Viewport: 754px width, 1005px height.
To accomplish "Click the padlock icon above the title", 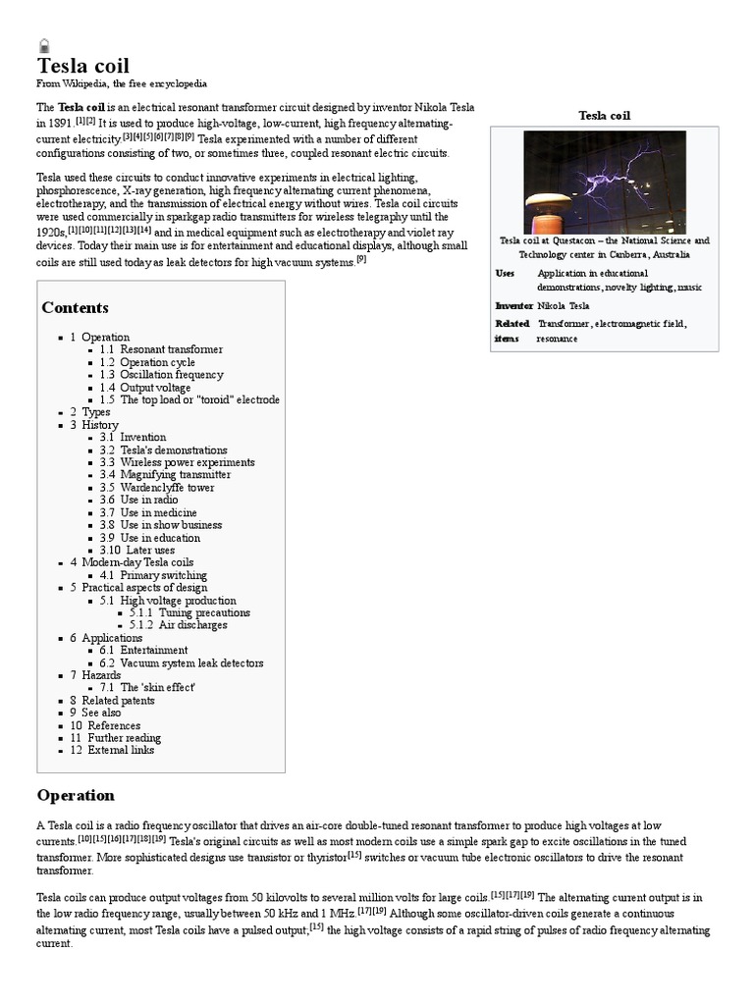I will pyautogui.click(x=44, y=45).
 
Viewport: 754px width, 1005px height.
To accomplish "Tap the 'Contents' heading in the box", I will pyautogui.click(x=75, y=307).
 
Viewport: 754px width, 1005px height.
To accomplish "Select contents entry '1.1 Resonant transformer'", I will pyautogui.click(x=161, y=349).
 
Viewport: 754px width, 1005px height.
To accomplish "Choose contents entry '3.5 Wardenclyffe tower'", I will pyautogui.click(x=156, y=488).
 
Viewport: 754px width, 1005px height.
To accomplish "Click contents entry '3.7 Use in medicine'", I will pyautogui.click(x=148, y=512).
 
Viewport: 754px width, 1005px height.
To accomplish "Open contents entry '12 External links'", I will pyautogui.click(x=112, y=751).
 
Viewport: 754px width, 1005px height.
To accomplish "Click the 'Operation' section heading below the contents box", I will pyautogui.click(x=76, y=795).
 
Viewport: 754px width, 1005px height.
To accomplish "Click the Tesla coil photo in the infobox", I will pyautogui.click(x=604, y=181).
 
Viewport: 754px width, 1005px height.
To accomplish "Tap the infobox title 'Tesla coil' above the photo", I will pyautogui.click(x=604, y=116).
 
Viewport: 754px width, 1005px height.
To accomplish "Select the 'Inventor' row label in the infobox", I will pyautogui.click(x=513, y=305).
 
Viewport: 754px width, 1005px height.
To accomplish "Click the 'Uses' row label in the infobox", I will pyautogui.click(x=505, y=272).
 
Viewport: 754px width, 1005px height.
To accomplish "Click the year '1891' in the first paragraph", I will pyautogui.click(x=55, y=125).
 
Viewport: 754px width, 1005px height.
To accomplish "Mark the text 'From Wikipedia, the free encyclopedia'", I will pyautogui.click(x=122, y=84).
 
